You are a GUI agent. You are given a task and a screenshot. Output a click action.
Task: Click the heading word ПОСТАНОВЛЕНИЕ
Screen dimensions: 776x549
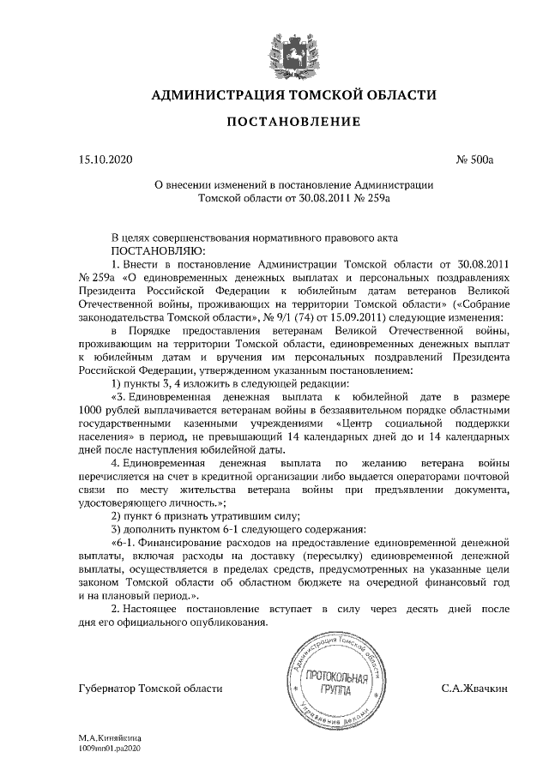(293, 123)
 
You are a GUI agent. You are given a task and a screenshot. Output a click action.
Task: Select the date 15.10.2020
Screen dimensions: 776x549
(102, 159)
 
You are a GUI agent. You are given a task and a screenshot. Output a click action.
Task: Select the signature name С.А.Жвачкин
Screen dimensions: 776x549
(474, 688)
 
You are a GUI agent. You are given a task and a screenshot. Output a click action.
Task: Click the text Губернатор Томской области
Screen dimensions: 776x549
(149, 688)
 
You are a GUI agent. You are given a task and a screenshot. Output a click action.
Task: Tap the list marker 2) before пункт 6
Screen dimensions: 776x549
(118, 515)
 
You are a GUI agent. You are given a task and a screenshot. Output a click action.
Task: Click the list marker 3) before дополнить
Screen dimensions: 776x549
(118, 530)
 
